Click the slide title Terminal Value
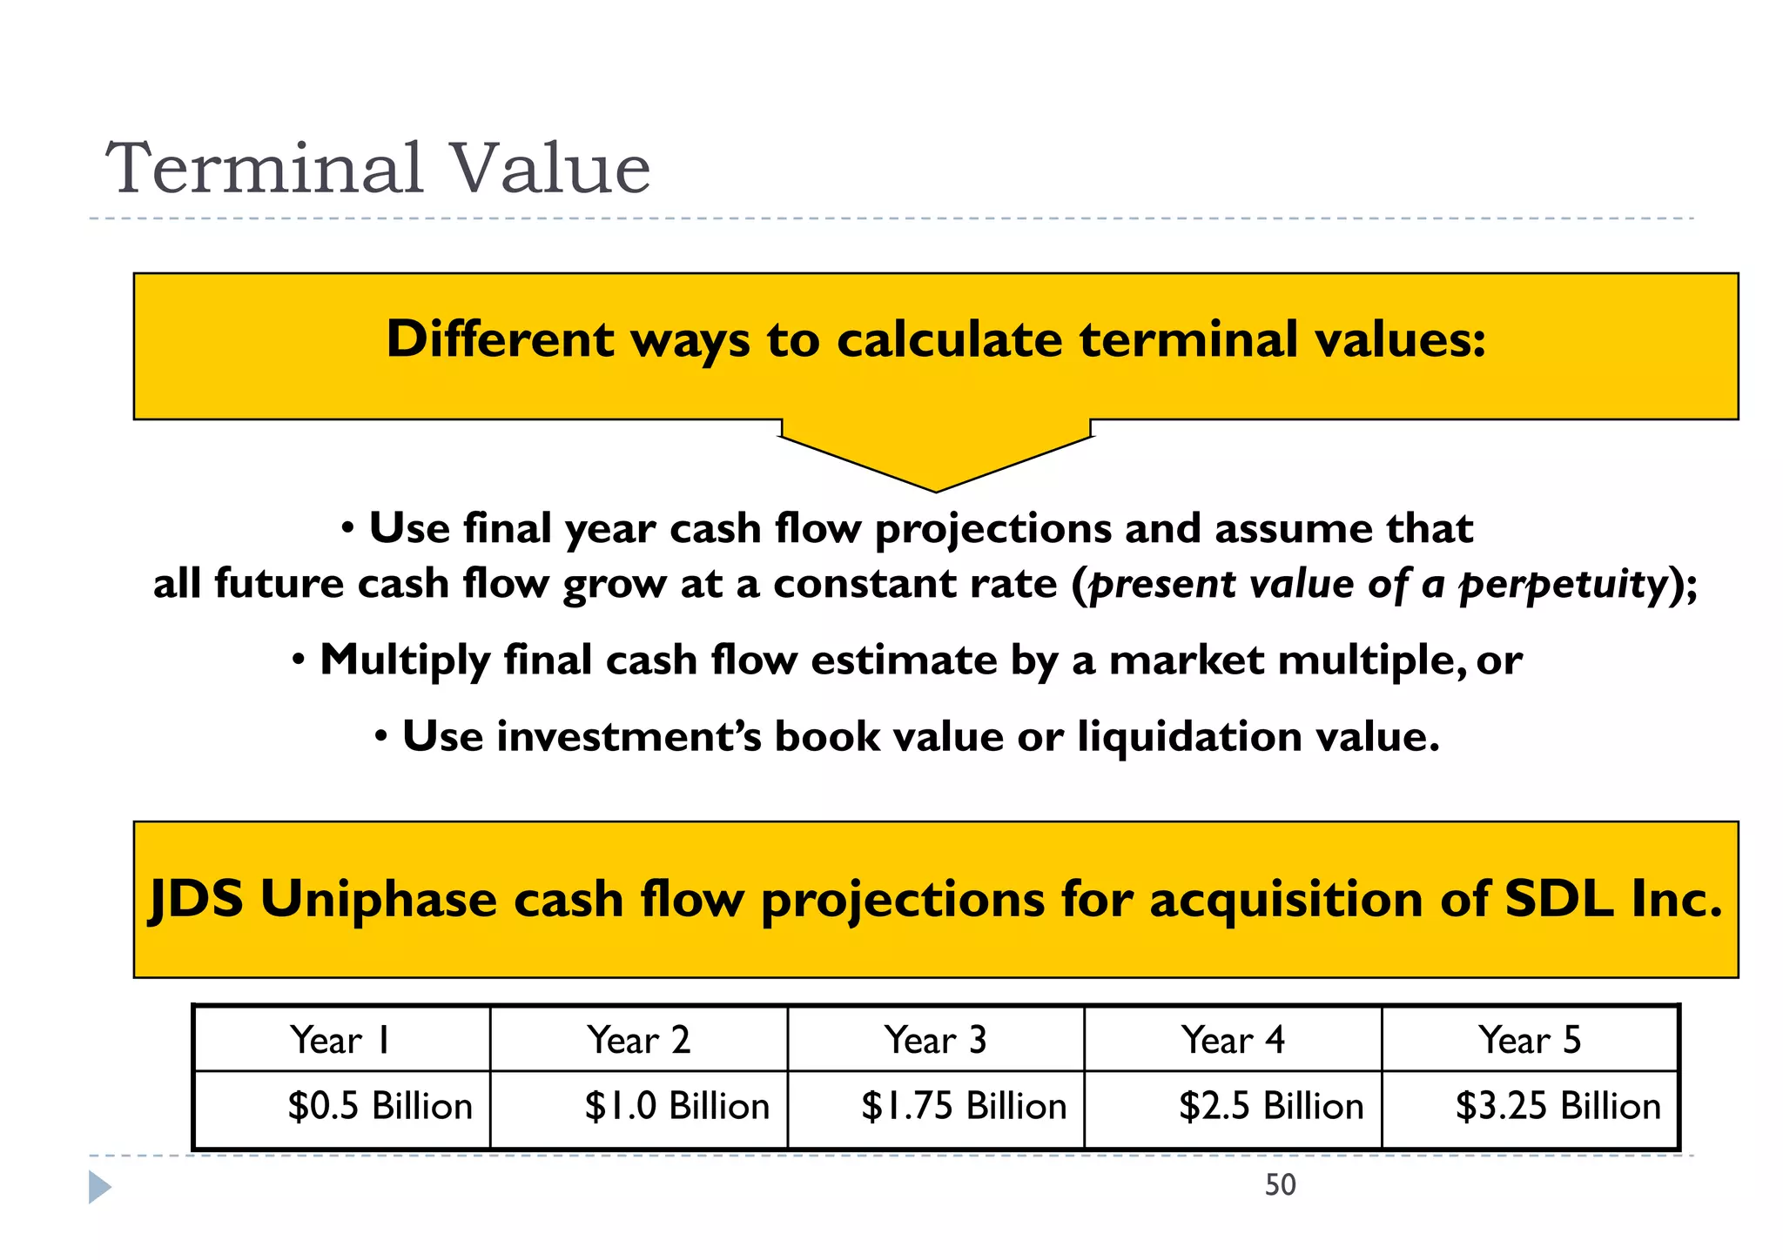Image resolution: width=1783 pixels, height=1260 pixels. click(378, 168)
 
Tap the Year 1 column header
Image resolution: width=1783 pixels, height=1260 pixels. click(340, 1040)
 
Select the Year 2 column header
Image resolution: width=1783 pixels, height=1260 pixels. click(638, 1040)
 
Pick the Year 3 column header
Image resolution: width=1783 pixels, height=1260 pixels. click(935, 1040)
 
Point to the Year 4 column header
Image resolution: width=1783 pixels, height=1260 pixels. click(1233, 1040)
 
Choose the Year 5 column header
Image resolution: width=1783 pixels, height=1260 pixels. click(1530, 1040)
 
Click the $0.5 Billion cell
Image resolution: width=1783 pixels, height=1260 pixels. click(380, 1106)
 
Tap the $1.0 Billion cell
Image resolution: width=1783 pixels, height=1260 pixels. click(676, 1106)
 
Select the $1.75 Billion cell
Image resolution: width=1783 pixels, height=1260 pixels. click(964, 1106)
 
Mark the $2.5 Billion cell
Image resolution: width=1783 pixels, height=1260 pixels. click(1271, 1106)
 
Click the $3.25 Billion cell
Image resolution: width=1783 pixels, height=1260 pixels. click(1558, 1106)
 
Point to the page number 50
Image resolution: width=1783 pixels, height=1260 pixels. click(1280, 1185)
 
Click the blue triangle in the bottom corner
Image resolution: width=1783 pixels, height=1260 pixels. click(99, 1188)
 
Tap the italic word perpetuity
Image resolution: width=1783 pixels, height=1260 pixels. click(1563, 584)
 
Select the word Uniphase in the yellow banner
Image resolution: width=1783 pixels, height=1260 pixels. click(378, 899)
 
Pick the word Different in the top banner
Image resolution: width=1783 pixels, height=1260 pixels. click(500, 338)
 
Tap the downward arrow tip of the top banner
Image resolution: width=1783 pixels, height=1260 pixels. click(936, 487)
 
